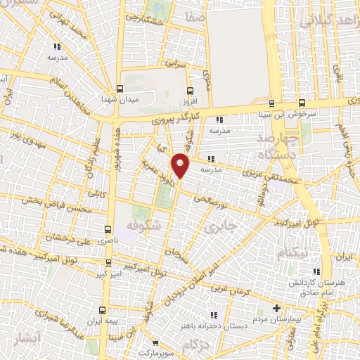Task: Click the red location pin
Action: [181, 165]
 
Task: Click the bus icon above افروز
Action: [188, 90]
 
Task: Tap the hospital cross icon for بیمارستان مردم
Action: [277, 308]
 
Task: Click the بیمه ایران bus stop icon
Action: [103, 309]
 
